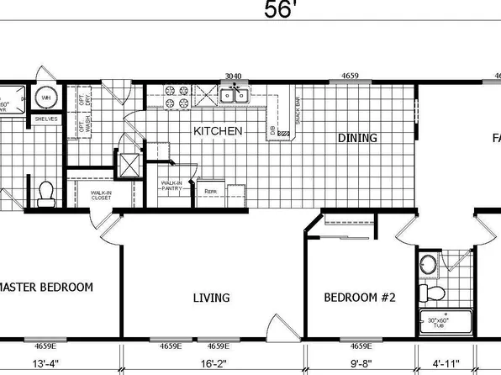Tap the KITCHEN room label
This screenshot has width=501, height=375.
coord(219,132)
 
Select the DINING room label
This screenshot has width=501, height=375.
coord(357,137)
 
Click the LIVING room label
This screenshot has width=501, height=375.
coord(211,298)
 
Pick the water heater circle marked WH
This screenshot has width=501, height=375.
coord(46,98)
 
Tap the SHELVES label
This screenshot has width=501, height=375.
coord(45,119)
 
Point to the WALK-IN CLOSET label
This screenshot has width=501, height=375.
coord(103,196)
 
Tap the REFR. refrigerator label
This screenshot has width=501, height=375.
coord(210,192)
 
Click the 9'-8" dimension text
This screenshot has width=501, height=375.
coord(356,365)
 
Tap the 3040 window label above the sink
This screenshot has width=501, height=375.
coord(233,77)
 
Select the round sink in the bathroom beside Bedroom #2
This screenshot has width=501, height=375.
coord(428,266)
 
